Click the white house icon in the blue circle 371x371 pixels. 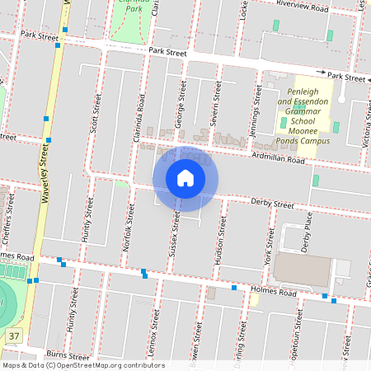tap(185, 178)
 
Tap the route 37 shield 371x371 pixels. tap(13, 336)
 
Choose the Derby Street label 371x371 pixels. tap(272, 203)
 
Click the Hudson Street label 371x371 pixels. tap(220, 242)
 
